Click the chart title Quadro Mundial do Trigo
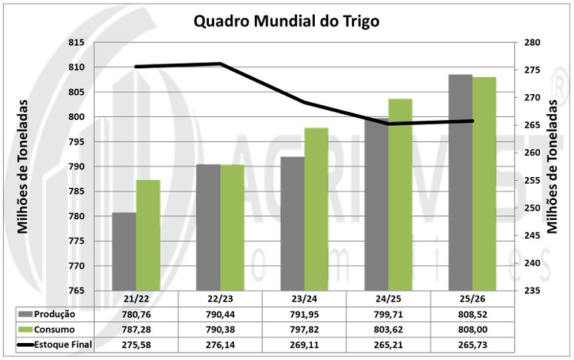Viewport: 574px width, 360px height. click(286, 21)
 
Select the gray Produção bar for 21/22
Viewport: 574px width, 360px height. click(124, 251)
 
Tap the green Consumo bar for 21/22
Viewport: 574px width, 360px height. click(148, 235)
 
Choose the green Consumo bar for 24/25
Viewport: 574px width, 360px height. click(401, 194)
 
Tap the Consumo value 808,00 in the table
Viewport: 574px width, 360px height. click(473, 329)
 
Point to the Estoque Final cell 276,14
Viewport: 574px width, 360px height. click(221, 344)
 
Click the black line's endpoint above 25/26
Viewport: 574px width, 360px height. click(473, 121)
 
